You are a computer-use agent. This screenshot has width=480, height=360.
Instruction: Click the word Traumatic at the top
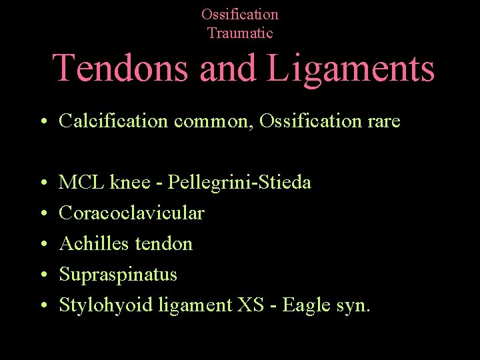pyautogui.click(x=240, y=33)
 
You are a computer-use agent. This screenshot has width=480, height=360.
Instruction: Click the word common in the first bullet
pyautogui.click(x=217, y=121)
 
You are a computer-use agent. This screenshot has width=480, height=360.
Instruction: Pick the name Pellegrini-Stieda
pyautogui.click(x=239, y=182)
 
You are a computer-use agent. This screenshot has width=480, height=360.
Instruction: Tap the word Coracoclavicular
pyautogui.click(x=131, y=213)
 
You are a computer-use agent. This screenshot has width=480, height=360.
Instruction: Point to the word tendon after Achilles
pyautogui.click(x=163, y=243)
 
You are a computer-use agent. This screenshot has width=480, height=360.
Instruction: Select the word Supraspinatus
pyautogui.click(x=118, y=275)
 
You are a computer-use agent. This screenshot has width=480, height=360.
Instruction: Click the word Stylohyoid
pyautogui.click(x=106, y=305)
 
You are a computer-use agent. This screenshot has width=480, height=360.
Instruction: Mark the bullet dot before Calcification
pyautogui.click(x=42, y=122)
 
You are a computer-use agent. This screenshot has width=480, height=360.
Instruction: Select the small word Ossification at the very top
pyautogui.click(x=240, y=14)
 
